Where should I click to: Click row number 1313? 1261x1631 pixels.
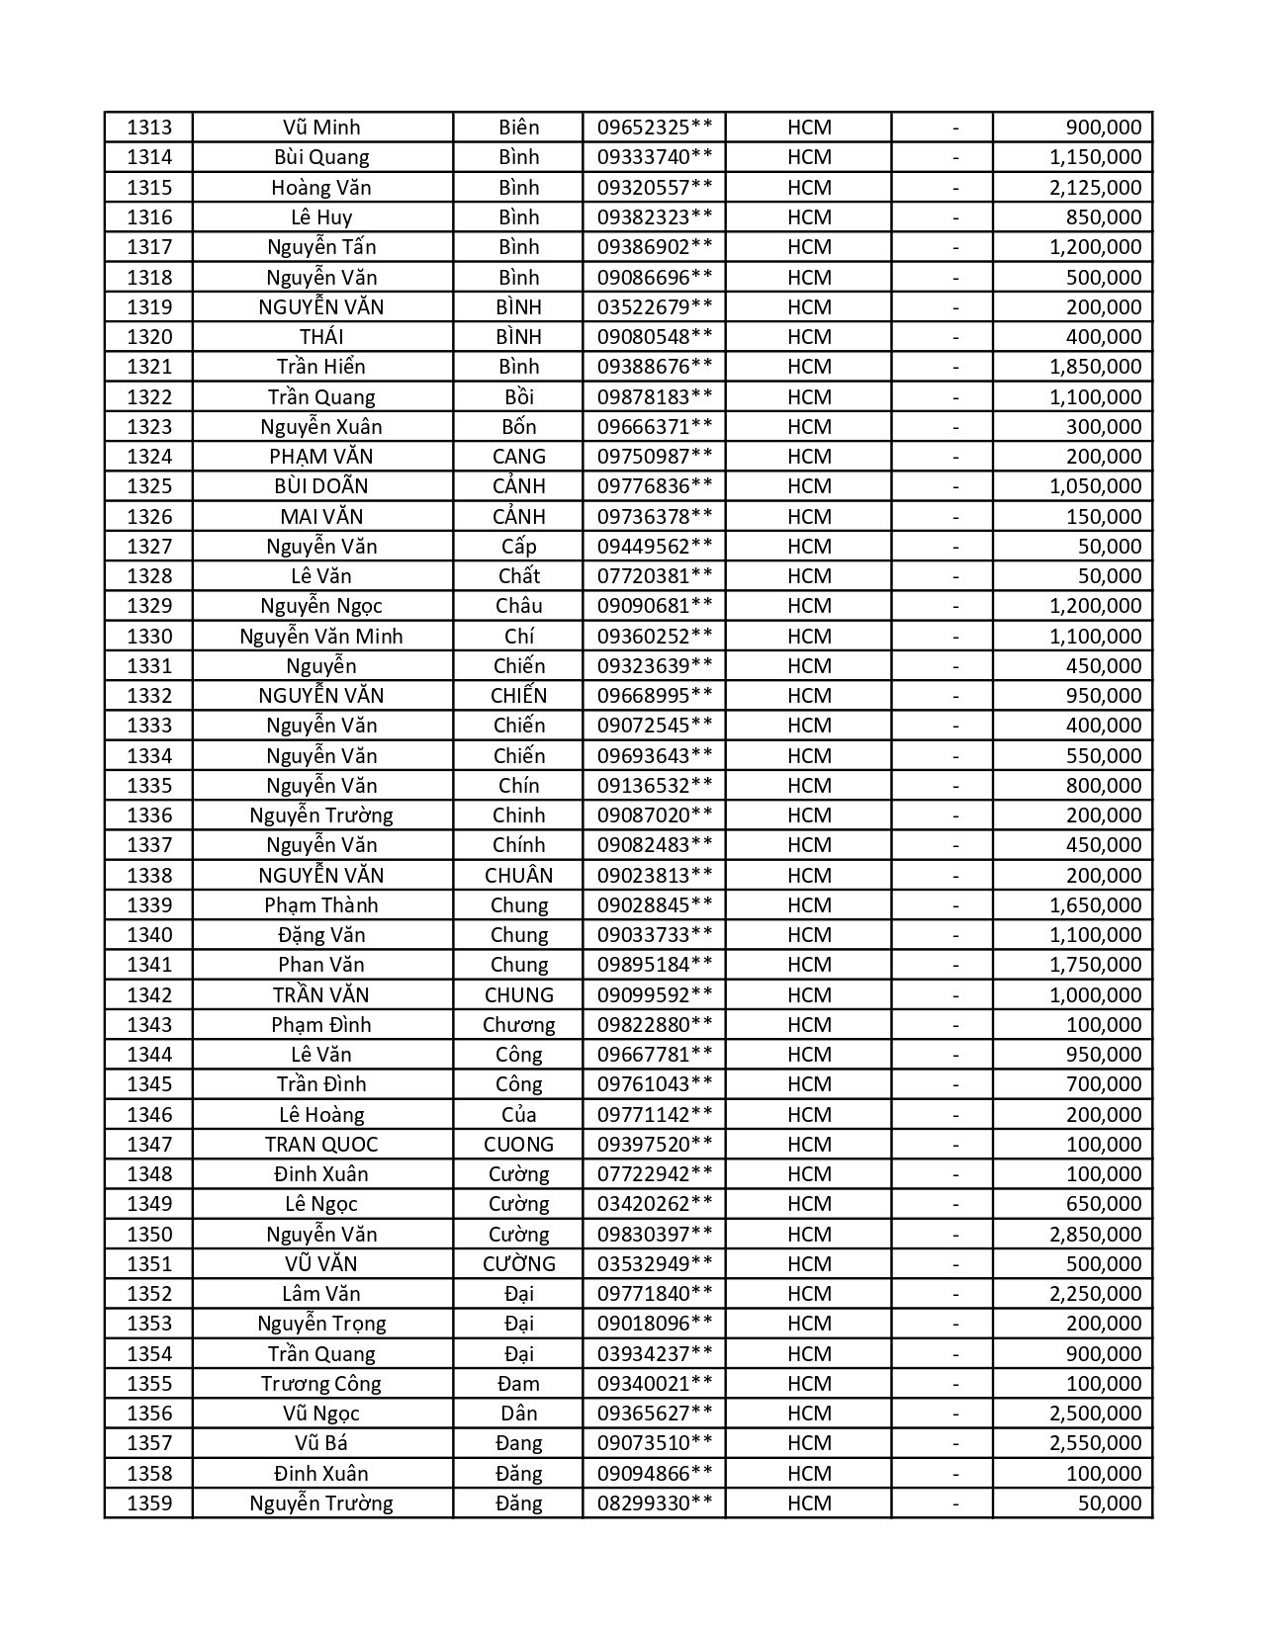point(149,128)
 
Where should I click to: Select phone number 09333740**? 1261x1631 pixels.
point(654,157)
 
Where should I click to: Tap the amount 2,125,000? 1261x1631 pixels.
point(1095,188)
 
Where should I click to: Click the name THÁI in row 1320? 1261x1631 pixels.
point(321,337)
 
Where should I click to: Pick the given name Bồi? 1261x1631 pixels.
point(518,397)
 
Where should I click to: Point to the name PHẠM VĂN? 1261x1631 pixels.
point(321,457)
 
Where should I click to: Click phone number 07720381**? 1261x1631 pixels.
point(654,576)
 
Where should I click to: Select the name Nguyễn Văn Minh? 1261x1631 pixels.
point(321,637)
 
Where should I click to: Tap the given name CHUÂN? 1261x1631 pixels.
point(518,876)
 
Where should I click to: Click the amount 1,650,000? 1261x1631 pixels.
point(1095,905)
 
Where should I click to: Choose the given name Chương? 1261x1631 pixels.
point(518,1025)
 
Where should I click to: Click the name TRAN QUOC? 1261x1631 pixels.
point(321,1145)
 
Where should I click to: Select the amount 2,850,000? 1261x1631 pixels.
point(1095,1235)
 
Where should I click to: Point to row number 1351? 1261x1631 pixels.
point(149,1264)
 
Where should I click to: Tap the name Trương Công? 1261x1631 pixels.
point(321,1384)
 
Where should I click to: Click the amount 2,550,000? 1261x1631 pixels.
point(1095,1443)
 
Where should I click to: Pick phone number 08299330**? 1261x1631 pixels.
point(654,1503)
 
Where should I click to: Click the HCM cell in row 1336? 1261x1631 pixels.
point(809,815)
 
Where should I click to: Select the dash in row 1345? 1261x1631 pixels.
point(955,1084)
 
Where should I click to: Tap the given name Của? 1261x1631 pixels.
point(518,1115)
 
